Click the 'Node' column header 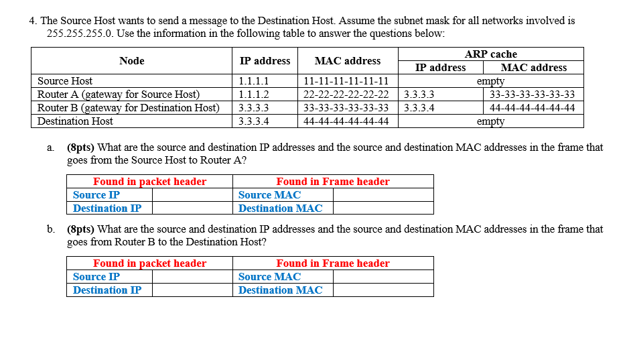pos(131,61)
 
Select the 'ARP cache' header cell pos(490,54)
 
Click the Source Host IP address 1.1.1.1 pos(254,81)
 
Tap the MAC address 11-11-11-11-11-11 pos(346,81)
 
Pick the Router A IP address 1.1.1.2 pos(254,95)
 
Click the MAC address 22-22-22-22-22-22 pos(346,95)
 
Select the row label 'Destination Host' pos(75,121)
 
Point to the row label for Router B pos(128,108)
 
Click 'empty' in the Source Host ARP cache pos(490,81)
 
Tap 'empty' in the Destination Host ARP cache pos(490,121)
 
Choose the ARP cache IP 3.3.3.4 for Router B pos(419,108)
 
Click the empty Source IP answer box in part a pos(192,195)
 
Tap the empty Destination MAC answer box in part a pos(383,208)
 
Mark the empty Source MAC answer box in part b pos(383,277)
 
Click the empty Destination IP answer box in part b pos(192,290)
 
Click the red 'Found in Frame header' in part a pos(332,182)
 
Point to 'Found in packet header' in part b pos(149,263)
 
